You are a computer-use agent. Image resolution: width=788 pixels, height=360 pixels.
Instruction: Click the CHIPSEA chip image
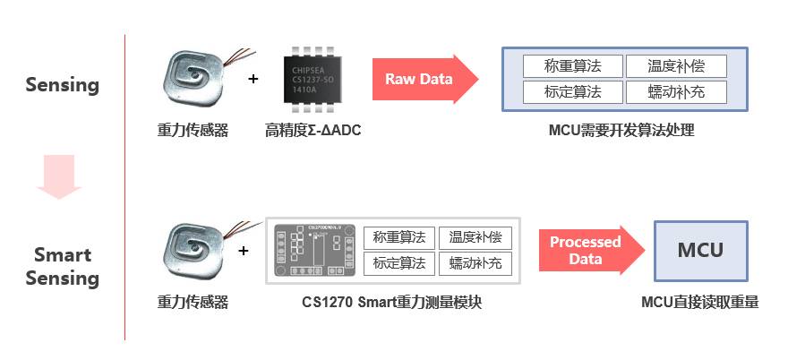[x=313, y=79]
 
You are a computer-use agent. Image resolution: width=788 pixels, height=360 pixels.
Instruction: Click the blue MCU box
[x=700, y=250]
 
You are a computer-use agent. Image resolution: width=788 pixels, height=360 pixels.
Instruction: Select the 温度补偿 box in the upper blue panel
[x=674, y=66]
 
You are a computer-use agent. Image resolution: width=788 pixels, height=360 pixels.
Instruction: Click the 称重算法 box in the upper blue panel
[x=573, y=66]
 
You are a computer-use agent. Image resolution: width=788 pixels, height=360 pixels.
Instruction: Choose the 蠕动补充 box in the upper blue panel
[x=674, y=91]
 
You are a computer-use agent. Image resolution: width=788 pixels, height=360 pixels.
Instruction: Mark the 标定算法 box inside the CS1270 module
[x=399, y=263]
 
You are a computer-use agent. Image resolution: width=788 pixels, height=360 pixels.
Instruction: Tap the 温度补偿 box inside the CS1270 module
[x=475, y=238]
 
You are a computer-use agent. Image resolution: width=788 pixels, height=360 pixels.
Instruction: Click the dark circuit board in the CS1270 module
[x=314, y=250]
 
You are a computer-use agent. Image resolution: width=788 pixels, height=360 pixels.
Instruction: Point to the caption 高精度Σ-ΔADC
[x=313, y=131]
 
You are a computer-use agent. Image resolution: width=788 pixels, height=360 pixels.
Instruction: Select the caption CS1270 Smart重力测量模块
[x=392, y=303]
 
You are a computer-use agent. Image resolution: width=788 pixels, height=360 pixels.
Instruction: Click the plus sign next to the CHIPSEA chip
[x=253, y=79]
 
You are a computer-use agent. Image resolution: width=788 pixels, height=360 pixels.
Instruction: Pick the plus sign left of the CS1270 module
[x=244, y=251]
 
